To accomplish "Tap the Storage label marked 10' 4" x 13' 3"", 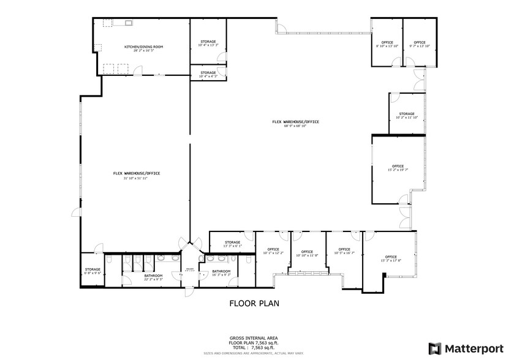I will click(208, 43).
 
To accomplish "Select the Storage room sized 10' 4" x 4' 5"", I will click(208, 74).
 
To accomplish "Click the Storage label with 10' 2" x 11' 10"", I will click(407, 115).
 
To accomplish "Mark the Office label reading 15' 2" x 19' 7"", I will click(398, 168).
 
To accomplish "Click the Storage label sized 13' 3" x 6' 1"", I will click(232, 244).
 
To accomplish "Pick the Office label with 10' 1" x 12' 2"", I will click(273, 250).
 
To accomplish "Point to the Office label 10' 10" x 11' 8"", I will click(307, 253).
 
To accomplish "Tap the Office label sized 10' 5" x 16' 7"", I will click(344, 250).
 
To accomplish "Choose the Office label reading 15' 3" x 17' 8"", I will click(390, 258).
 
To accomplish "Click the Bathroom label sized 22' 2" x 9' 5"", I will click(153, 277).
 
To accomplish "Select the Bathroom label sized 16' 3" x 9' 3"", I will click(221, 272).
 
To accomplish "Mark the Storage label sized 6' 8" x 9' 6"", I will click(92, 271).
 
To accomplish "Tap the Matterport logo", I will click(465, 348).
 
